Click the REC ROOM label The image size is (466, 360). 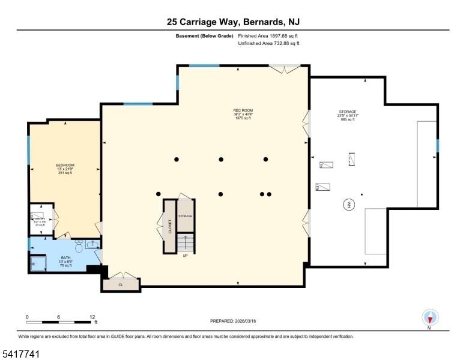[x=243, y=110]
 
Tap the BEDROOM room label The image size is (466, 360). [x=65, y=165]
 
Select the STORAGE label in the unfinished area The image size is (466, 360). [x=348, y=112]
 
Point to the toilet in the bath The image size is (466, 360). [x=78, y=247]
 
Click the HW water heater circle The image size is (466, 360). [x=348, y=205]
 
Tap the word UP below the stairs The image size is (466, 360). [x=186, y=256]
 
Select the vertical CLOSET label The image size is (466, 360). [x=170, y=226]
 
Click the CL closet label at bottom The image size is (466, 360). [x=120, y=285]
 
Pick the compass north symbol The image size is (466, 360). [x=429, y=317]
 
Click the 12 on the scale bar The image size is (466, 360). [x=92, y=316]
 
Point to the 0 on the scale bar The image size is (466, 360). [x=27, y=316]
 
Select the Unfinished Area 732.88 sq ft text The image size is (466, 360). [x=269, y=43]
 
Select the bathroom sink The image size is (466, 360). [x=92, y=244]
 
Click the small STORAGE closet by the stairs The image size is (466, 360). [x=185, y=215]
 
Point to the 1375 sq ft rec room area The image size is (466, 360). [x=243, y=118]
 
